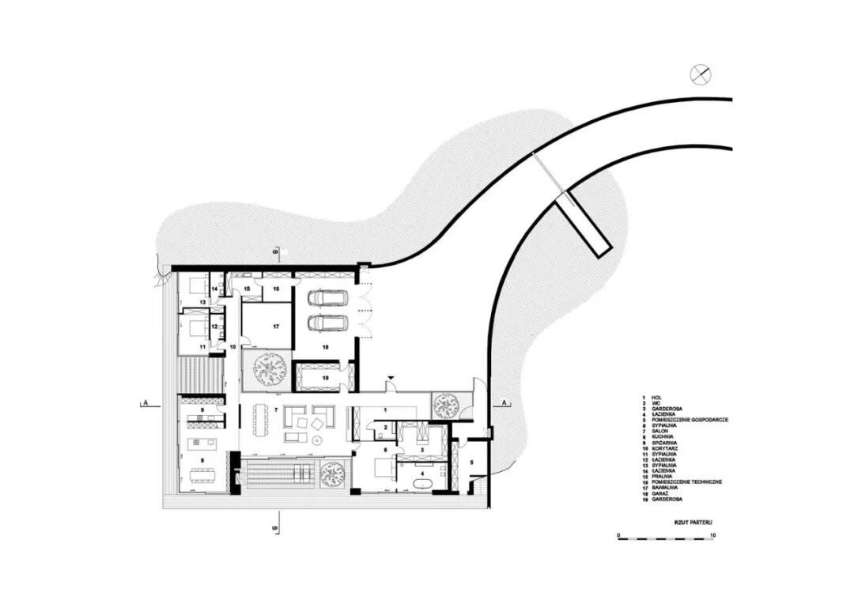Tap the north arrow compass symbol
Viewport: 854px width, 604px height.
coord(701,74)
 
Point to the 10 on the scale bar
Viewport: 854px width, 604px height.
coord(712,535)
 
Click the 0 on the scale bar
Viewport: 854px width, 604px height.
coord(619,535)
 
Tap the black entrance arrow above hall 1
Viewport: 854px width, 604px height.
coord(390,382)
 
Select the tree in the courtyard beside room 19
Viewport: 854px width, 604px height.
coord(269,369)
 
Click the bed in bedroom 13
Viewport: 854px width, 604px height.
coord(194,287)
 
